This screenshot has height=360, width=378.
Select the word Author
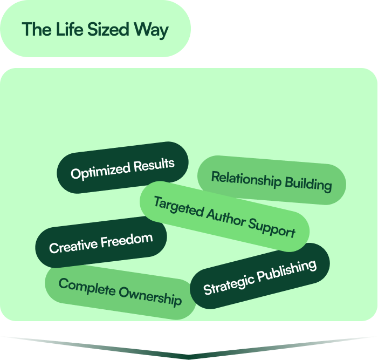click(229, 218)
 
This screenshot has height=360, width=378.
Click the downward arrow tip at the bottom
click(189, 357)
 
